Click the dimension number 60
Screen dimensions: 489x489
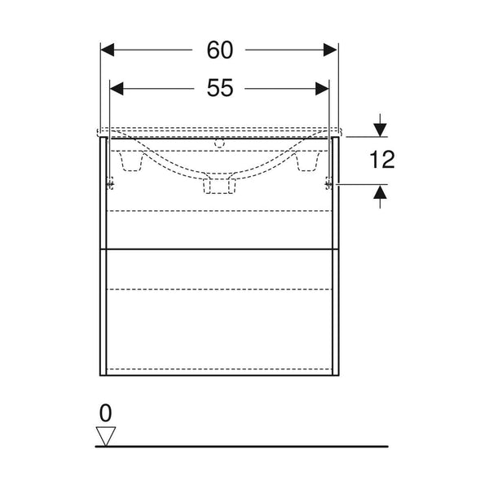220,50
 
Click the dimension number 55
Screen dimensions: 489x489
220,88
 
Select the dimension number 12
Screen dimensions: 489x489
382,160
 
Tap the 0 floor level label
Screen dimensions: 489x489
105,413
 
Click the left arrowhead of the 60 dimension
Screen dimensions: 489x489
108,50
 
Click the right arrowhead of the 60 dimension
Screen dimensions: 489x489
330,50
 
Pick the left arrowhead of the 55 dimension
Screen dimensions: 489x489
117,89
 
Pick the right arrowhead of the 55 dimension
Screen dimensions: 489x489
322,89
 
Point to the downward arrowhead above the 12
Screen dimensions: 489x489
380,130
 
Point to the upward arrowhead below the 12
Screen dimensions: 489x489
380,192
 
